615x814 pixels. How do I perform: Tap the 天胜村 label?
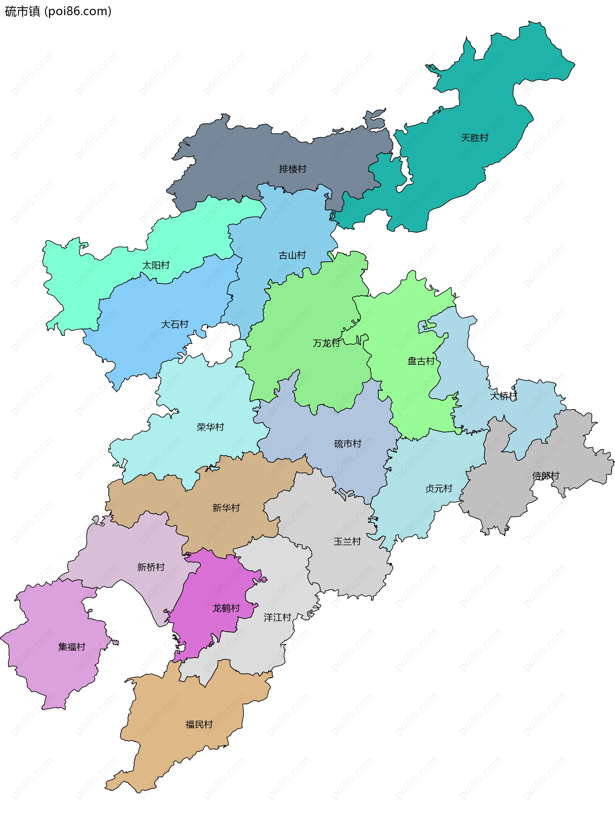click(x=474, y=138)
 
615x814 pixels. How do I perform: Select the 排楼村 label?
click(x=292, y=169)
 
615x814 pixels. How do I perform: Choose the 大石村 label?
click(x=175, y=324)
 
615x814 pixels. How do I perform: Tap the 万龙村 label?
click(x=326, y=343)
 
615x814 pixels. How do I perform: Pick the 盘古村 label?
click(x=421, y=361)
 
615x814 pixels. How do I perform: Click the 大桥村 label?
click(x=503, y=396)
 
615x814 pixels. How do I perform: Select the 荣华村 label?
click(x=210, y=427)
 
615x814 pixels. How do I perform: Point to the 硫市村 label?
click(x=348, y=444)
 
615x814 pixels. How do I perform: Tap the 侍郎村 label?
click(x=545, y=476)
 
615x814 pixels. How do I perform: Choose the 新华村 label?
click(x=226, y=508)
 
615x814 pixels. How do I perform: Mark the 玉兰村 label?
click(x=347, y=541)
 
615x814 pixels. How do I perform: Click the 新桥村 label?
click(x=151, y=567)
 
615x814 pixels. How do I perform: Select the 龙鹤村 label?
click(x=226, y=608)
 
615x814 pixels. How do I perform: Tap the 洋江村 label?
click(x=277, y=617)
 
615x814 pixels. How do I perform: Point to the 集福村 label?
click(x=71, y=647)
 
